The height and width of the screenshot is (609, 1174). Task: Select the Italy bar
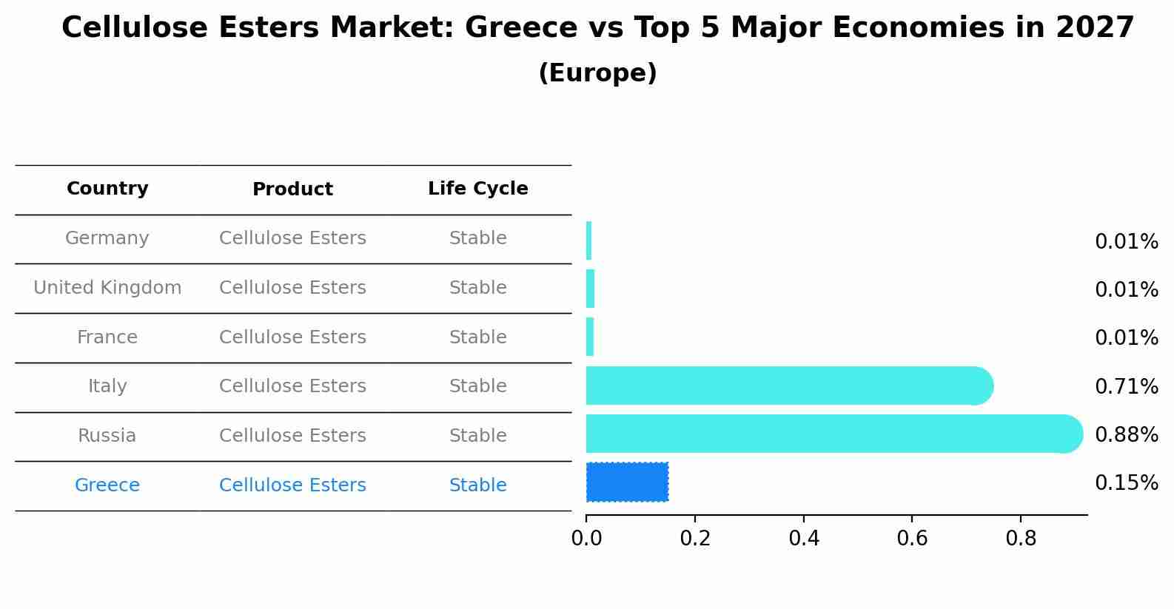point(785,386)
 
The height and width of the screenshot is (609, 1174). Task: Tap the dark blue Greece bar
point(627,482)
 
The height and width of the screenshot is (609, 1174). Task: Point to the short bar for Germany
point(589,240)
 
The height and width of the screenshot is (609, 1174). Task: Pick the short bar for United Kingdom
point(590,289)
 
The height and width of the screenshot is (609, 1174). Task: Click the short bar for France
point(590,337)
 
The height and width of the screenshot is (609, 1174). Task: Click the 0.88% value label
point(1126,434)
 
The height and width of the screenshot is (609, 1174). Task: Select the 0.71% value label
point(1126,386)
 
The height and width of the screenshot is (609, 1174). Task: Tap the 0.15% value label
point(1126,483)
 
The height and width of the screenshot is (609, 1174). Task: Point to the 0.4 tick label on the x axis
point(804,539)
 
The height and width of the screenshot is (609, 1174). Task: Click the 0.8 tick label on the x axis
point(1021,539)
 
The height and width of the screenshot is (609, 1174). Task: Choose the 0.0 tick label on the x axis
point(586,539)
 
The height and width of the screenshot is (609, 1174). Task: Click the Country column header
point(107,189)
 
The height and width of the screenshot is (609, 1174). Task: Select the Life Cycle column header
point(477,189)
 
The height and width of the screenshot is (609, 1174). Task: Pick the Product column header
point(292,189)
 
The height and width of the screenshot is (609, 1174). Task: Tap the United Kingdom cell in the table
point(107,288)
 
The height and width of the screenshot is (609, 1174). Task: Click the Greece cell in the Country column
point(107,485)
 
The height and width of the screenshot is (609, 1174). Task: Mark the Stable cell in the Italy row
point(477,386)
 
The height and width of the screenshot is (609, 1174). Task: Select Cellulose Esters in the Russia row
point(292,436)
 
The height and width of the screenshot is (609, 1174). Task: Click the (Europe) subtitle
point(597,73)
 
